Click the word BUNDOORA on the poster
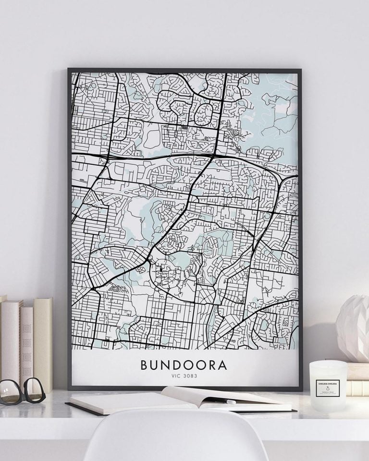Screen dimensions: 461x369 (184, 364)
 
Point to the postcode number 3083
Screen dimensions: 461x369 (190, 376)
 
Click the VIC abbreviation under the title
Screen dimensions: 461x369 (176, 376)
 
